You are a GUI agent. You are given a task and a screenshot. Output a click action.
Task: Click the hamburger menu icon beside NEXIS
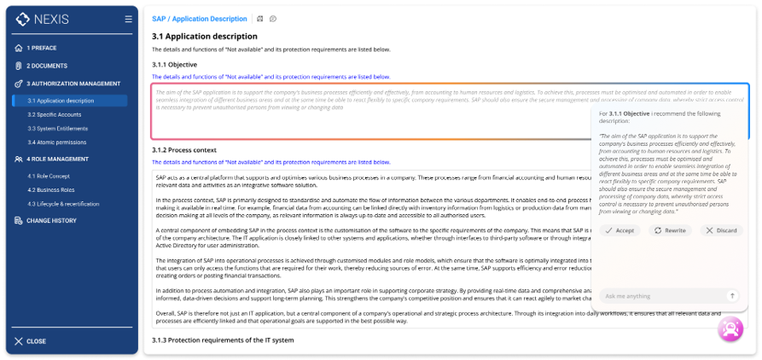tap(128, 19)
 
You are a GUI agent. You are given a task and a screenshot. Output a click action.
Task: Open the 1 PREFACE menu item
tap(41, 48)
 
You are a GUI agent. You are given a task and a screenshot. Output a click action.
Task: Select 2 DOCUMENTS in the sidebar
tap(46, 66)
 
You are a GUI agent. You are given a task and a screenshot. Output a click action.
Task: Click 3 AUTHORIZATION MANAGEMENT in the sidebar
tap(73, 84)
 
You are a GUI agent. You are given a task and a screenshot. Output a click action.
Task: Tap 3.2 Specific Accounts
tap(54, 114)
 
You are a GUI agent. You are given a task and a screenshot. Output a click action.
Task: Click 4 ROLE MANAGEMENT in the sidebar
tap(57, 159)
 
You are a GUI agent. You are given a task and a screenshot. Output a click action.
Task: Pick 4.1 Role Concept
tap(48, 176)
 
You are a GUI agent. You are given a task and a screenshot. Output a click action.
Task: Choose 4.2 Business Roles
tap(50, 189)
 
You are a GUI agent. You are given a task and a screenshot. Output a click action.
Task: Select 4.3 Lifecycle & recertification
tap(64, 203)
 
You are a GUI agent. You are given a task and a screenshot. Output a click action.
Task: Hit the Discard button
tap(721, 230)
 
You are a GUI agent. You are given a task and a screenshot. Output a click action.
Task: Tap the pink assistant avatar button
tap(730, 328)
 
